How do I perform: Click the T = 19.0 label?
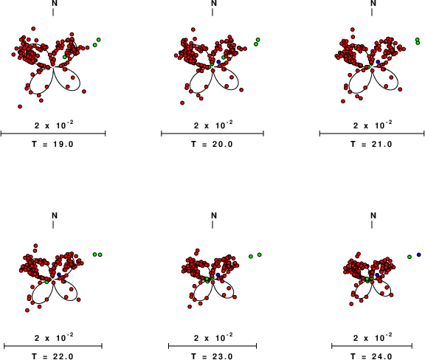pos(53,144)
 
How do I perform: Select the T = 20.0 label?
pos(212,144)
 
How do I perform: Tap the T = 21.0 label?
pos(372,144)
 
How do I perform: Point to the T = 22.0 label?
pos(53,356)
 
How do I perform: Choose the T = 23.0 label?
pos(212,356)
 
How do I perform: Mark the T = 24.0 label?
pos(372,356)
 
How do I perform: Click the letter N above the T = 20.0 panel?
pos(214,3)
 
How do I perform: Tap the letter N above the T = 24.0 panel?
pos(373,215)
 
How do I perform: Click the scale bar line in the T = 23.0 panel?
pos(212,346)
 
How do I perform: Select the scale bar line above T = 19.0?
pos(53,134)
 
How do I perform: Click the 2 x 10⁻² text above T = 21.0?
pos(373,125)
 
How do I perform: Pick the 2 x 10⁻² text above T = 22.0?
pos(54,338)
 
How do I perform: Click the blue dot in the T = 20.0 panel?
pos(218,62)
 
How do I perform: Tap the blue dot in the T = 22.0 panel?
pos(59,274)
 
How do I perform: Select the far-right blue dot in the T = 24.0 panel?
pos(419,255)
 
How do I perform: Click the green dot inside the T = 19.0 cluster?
pos(64,57)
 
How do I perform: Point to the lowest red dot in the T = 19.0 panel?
pos(20,106)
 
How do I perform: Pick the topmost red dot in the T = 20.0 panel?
pos(193,30)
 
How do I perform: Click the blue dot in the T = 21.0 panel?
pos(378,62)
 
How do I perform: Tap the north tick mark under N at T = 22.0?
pos(53,224)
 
